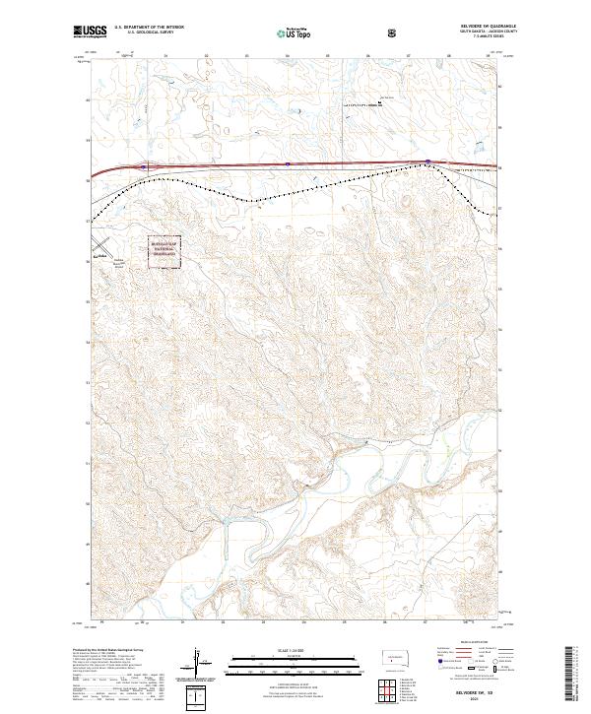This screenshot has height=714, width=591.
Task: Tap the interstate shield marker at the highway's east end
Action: click(x=428, y=162)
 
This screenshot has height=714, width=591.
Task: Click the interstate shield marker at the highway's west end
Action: click(x=143, y=167)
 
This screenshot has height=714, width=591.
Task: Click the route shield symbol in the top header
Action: click(x=394, y=32)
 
